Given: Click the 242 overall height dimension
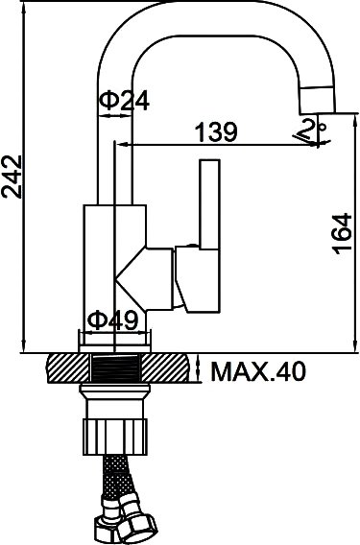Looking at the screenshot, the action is click(x=12, y=177).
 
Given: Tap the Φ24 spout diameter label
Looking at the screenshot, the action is click(x=124, y=101).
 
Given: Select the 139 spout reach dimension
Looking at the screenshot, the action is click(x=216, y=131).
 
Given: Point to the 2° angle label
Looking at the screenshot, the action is click(x=313, y=130).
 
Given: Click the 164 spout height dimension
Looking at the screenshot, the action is click(x=342, y=233).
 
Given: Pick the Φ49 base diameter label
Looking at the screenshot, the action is click(x=112, y=320).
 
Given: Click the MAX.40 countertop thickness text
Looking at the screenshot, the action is click(x=258, y=371).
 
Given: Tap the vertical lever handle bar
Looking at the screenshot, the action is click(x=209, y=204).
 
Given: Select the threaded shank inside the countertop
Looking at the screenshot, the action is click(x=115, y=368).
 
